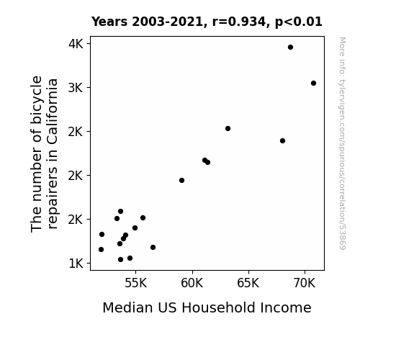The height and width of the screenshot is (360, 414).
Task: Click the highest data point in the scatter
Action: (290, 48)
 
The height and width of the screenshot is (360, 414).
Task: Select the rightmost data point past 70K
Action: (313, 84)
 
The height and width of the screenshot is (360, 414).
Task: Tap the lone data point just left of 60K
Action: (181, 181)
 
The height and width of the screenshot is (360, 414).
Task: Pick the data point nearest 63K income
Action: (228, 129)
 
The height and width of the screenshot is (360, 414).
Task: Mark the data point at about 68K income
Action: (282, 141)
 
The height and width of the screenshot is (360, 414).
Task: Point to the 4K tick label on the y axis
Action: (76, 44)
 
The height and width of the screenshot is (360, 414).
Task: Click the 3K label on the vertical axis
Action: (76, 88)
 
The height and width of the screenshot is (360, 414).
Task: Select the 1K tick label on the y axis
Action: (76, 264)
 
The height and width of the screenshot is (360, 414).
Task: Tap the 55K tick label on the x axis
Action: (135, 283)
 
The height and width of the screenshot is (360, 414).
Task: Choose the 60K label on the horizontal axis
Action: (192, 283)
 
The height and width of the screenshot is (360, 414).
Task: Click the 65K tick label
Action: (248, 283)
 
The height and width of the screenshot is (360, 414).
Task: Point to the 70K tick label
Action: (305, 283)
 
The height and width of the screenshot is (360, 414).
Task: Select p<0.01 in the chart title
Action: (299, 22)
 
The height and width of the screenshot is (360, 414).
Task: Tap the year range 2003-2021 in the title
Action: (168, 22)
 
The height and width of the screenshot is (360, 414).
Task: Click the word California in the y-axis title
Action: (53, 112)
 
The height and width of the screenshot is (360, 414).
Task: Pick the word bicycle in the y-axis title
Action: (37, 100)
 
